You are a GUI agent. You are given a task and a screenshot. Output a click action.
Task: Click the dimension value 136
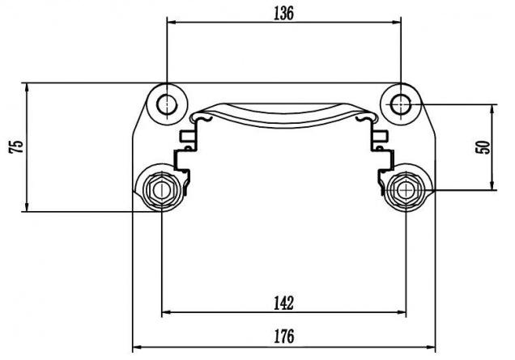click(283, 14)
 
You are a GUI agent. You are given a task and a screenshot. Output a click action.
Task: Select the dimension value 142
click(283, 303)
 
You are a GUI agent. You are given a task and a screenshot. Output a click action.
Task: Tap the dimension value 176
click(284, 337)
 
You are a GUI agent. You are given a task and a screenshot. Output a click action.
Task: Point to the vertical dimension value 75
click(16, 146)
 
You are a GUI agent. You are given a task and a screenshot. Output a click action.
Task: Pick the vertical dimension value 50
click(483, 147)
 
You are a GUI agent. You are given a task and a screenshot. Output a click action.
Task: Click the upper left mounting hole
click(167, 104)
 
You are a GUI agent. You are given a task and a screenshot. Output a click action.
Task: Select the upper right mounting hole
click(401, 104)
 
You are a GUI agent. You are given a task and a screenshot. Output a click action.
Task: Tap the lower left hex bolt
click(162, 190)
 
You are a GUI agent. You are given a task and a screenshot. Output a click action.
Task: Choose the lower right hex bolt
click(406, 189)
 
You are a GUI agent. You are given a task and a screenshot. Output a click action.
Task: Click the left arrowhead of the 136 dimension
click(172, 23)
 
